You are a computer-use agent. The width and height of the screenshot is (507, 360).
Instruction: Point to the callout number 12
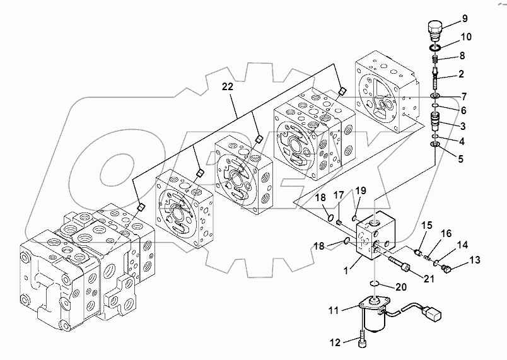(335, 342)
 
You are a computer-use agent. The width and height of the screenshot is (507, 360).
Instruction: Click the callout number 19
(360, 190)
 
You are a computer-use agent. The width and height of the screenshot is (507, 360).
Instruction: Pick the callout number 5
(460, 159)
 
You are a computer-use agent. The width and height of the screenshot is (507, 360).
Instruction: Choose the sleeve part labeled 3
(434, 119)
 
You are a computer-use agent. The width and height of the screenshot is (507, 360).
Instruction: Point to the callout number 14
(463, 244)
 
